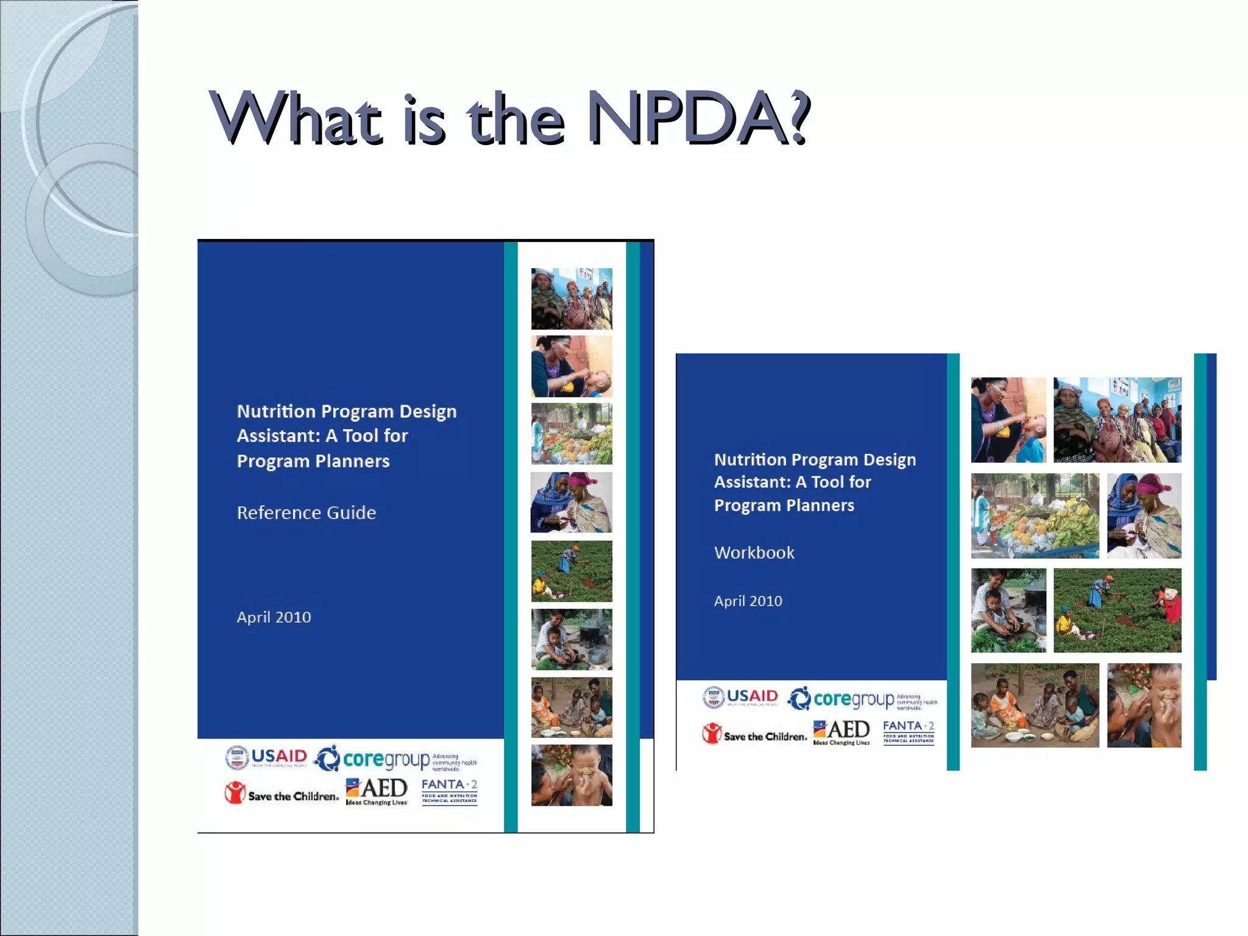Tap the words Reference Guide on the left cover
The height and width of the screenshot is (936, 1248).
pos(306,512)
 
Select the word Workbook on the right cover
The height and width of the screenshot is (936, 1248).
pos(754,553)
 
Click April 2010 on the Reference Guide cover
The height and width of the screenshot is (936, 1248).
pos(274,617)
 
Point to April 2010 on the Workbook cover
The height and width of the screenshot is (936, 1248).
pos(748,601)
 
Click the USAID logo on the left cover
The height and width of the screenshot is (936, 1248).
pos(266,757)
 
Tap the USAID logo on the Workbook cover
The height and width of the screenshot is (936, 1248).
pos(740,697)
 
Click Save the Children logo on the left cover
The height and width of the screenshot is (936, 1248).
pos(281,793)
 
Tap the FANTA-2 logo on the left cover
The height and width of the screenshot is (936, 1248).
pos(450,791)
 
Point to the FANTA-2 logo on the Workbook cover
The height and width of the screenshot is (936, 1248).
pos(908,731)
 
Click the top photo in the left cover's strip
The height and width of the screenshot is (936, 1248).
pos(572,299)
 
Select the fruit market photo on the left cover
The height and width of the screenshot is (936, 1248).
pos(572,434)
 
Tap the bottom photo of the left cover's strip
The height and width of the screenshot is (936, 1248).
pos(572,775)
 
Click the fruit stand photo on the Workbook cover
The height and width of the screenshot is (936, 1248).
pos(1035,516)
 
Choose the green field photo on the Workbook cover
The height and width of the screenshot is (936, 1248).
pos(1117,611)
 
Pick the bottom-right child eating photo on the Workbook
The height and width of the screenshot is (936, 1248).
pos(1144,705)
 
